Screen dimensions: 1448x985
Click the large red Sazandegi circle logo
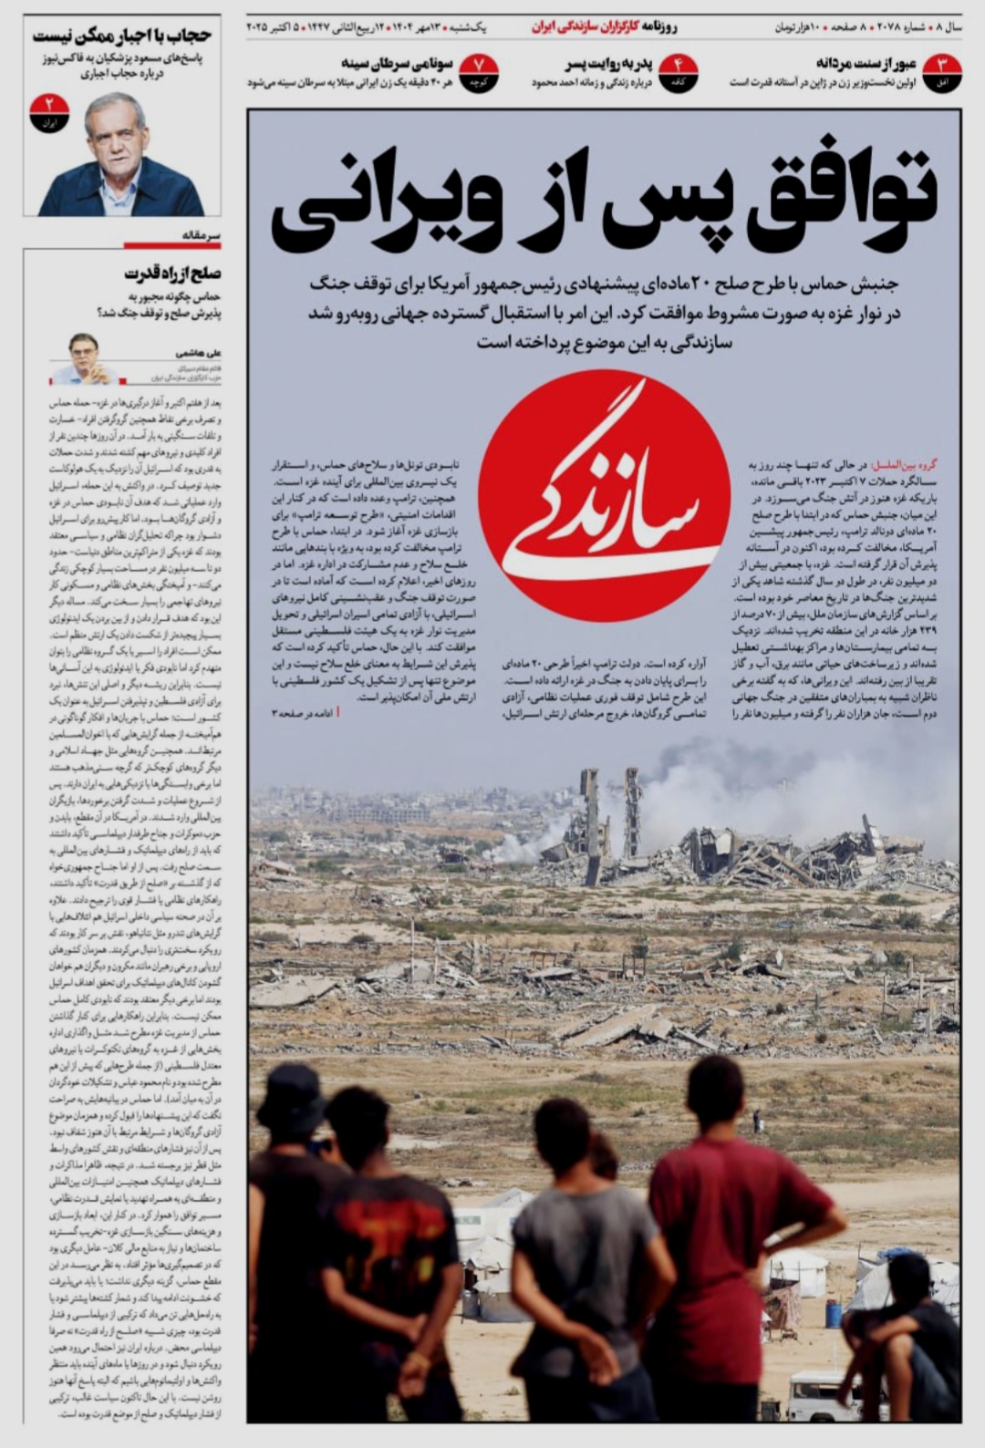(604, 495)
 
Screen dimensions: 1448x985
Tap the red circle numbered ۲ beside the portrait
(49, 112)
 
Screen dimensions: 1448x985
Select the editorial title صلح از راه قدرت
(173, 274)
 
